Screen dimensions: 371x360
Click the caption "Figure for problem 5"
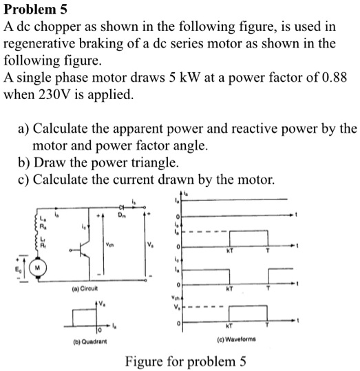coord(186,361)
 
